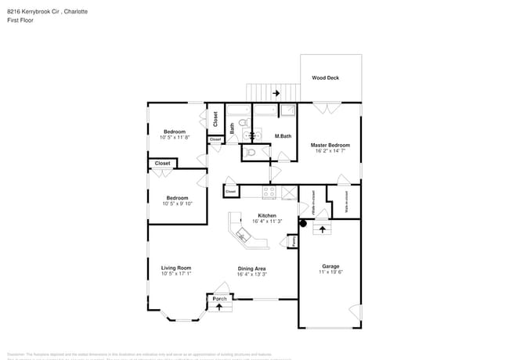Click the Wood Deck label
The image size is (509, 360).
pos(325,78)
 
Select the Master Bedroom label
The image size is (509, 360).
pos(330,145)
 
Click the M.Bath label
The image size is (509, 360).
pos(283,137)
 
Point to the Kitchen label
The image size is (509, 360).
pos(268,215)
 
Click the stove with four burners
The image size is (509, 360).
pos(269,191)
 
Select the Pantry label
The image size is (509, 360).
pos(293,241)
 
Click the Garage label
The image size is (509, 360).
pos(330,265)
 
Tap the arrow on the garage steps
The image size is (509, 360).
pos(321,229)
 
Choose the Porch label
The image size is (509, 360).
pos(219,298)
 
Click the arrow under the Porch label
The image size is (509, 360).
pos(219,307)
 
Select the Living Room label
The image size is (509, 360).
pos(175,268)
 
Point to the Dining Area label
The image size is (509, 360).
pos(252,268)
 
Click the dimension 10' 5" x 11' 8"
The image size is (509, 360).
pos(175,138)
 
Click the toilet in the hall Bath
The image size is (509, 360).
pos(242,124)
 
